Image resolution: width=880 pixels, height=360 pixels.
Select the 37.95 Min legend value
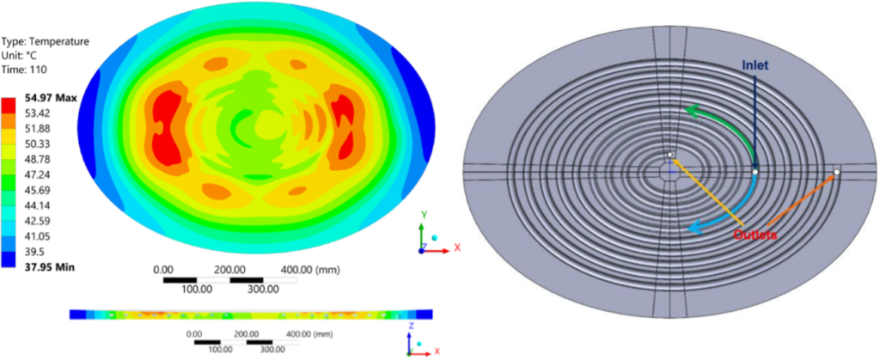pyautogui.click(x=49, y=267)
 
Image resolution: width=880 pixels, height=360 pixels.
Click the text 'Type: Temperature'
pyautogui.click(x=46, y=41)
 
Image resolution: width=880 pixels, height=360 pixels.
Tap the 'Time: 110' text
pyautogui.click(x=24, y=70)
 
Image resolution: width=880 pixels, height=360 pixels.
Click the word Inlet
pyautogui.click(x=755, y=65)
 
